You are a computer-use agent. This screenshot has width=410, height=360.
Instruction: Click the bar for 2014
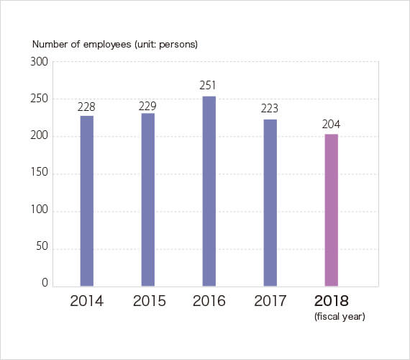tap(87, 201)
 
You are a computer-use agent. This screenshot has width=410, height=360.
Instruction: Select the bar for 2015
tap(148, 199)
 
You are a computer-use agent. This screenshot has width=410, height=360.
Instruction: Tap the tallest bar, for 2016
tap(209, 191)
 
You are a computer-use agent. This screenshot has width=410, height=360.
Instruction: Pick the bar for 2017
tap(270, 202)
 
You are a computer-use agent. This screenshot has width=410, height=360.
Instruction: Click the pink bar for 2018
tap(332, 210)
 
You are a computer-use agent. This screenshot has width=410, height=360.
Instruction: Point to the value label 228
tap(86, 107)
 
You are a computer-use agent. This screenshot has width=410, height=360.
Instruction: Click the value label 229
tap(147, 106)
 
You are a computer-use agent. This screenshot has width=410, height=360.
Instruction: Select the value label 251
tap(208, 86)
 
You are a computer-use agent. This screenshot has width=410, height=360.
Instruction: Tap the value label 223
tap(270, 109)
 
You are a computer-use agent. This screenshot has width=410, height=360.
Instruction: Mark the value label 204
tap(331, 124)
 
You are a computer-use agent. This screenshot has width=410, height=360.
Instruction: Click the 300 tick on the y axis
tap(40, 62)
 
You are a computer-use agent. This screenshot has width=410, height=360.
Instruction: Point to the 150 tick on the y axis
tap(40, 172)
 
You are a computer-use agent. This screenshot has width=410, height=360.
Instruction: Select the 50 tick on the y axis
tap(42, 246)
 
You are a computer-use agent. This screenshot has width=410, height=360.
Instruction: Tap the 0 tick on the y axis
tap(45, 283)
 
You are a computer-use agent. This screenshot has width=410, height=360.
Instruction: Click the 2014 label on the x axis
tap(87, 301)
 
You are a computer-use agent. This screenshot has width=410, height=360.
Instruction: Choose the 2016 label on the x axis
tap(209, 301)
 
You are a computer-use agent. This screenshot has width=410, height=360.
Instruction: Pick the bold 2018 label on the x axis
tap(332, 301)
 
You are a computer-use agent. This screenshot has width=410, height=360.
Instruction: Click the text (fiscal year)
tap(340, 317)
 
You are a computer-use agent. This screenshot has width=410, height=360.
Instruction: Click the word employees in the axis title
tap(107, 45)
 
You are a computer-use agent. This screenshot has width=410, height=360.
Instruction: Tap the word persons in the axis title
tap(177, 45)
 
